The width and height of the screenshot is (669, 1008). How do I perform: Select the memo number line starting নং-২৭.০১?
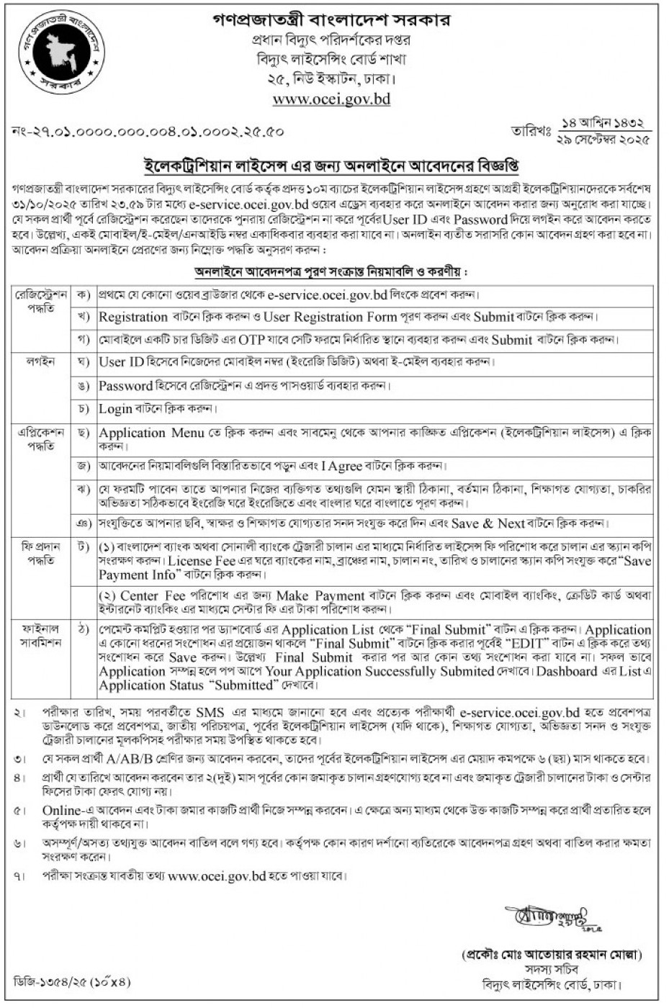(x=148, y=132)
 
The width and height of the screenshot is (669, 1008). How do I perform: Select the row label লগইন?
(x=41, y=361)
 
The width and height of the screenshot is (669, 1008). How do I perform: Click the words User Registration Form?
(x=330, y=317)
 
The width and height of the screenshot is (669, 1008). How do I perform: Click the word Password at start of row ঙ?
(x=125, y=385)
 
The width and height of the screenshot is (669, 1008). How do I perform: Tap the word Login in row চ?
(x=115, y=408)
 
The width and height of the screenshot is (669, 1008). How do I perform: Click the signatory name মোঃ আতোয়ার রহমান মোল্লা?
(x=552, y=955)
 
